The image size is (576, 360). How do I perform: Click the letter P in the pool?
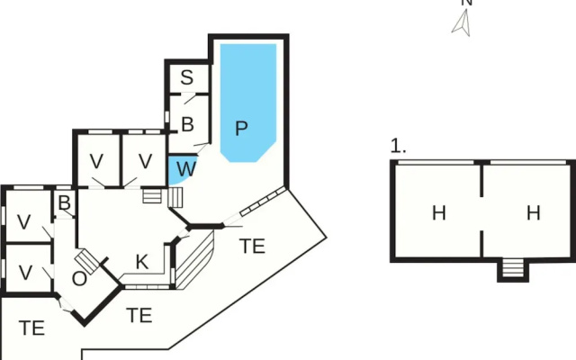click(x=241, y=129)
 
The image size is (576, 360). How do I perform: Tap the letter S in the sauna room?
click(x=187, y=77)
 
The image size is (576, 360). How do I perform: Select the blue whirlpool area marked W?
click(x=182, y=170)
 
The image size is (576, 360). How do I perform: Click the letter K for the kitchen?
click(x=142, y=262)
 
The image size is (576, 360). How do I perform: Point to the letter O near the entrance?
click(x=80, y=279)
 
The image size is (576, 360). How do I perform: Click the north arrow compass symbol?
click(x=463, y=22)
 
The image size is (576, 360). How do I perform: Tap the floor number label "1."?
click(x=398, y=146)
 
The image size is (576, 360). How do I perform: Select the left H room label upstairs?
click(x=439, y=213)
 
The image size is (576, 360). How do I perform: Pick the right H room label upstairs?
click(x=534, y=213)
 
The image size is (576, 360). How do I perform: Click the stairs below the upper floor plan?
click(x=513, y=268)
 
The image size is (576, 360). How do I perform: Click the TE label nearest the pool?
click(x=252, y=246)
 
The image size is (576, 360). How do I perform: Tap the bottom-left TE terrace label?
click(x=32, y=328)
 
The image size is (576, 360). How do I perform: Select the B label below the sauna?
click(x=187, y=124)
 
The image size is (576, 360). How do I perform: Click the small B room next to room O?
click(x=64, y=203)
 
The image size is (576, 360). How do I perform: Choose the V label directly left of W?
click(x=146, y=161)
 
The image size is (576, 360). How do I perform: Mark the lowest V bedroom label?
click(x=25, y=273)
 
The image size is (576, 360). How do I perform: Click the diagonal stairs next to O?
click(x=87, y=262)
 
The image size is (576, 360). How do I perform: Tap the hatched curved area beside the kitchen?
click(x=194, y=260)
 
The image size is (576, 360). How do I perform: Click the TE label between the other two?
click(x=139, y=316)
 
